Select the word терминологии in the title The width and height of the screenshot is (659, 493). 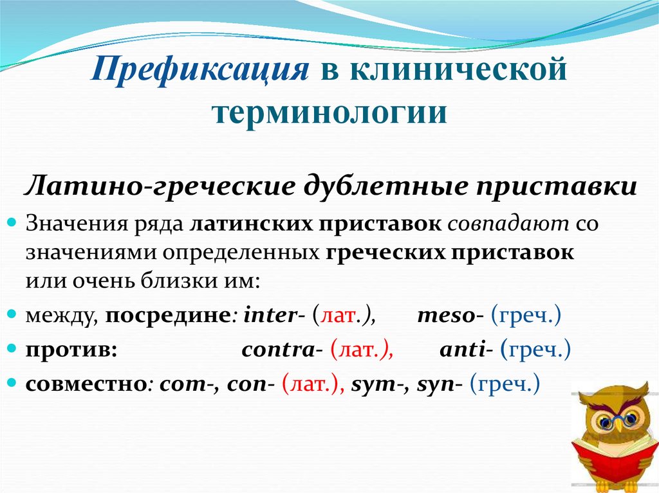[x=329, y=111]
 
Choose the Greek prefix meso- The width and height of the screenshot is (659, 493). [x=450, y=316]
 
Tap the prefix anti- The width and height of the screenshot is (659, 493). [x=467, y=351]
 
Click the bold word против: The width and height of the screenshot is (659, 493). [x=71, y=351]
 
